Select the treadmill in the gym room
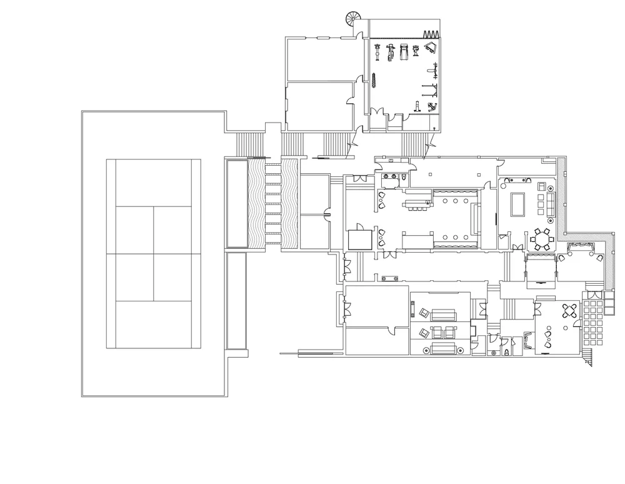click(403, 51)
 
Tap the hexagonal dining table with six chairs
click(542, 239)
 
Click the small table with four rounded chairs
click(570, 311)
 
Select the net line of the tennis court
click(153, 253)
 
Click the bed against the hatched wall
click(539, 270)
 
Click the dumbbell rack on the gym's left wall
click(374, 81)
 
